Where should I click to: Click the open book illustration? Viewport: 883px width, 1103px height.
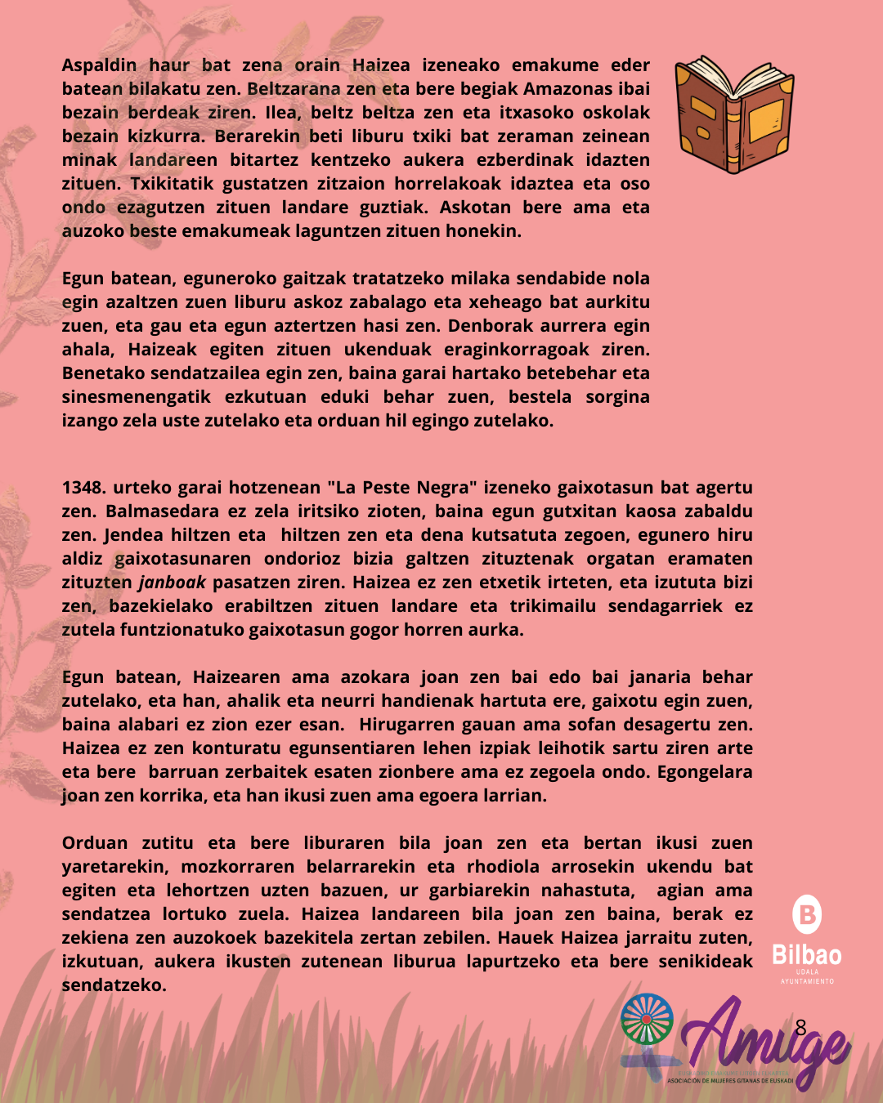pyautogui.click(x=733, y=114)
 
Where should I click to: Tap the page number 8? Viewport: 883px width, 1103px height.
pyautogui.click(x=800, y=1027)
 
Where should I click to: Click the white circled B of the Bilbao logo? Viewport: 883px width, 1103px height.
pyautogui.click(x=807, y=914)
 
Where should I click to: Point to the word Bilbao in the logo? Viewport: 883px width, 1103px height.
pyautogui.click(x=806, y=955)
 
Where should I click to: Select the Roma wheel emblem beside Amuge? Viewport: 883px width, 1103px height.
pyautogui.click(x=647, y=1019)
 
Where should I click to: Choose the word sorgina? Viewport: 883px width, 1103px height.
pyautogui.click(x=617, y=397)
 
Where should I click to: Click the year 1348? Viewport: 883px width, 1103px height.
pyautogui.click(x=84, y=488)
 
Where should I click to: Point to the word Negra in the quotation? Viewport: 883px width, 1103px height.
pyautogui.click(x=446, y=488)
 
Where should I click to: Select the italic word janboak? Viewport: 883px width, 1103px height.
pyautogui.click(x=172, y=583)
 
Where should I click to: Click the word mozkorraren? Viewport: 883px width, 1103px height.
pyautogui.click(x=238, y=867)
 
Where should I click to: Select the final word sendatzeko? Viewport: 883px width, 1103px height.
pyautogui.click(x=114, y=985)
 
